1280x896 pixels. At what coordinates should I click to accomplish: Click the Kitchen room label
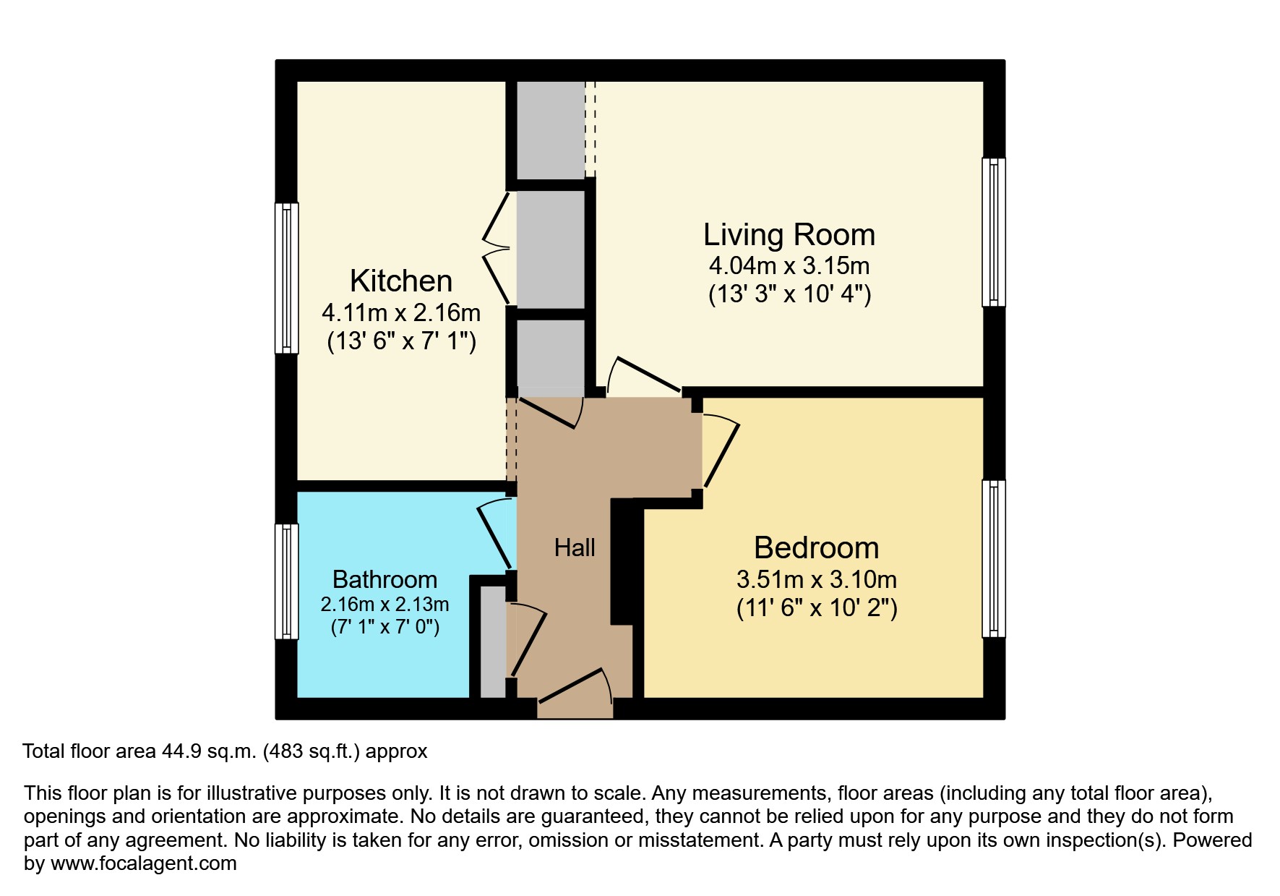[401, 281]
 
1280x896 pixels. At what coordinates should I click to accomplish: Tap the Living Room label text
[789, 235]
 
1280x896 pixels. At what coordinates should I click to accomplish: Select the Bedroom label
[816, 548]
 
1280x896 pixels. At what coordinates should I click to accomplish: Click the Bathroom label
[385, 579]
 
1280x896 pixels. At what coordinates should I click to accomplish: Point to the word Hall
[575, 548]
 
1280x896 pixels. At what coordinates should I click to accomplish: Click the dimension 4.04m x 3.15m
[789, 266]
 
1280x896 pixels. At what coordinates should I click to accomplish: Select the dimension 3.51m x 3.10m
[816, 579]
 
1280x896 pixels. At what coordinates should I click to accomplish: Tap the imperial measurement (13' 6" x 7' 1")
[401, 341]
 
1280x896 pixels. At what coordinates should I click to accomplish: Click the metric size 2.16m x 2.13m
[385, 604]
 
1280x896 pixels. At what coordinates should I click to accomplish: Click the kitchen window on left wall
[287, 278]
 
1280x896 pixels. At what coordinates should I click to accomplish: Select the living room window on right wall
[994, 232]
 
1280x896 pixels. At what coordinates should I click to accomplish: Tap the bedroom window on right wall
[994, 559]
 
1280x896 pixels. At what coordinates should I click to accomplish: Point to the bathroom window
[287, 581]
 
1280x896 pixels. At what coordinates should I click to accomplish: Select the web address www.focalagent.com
[143, 863]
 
